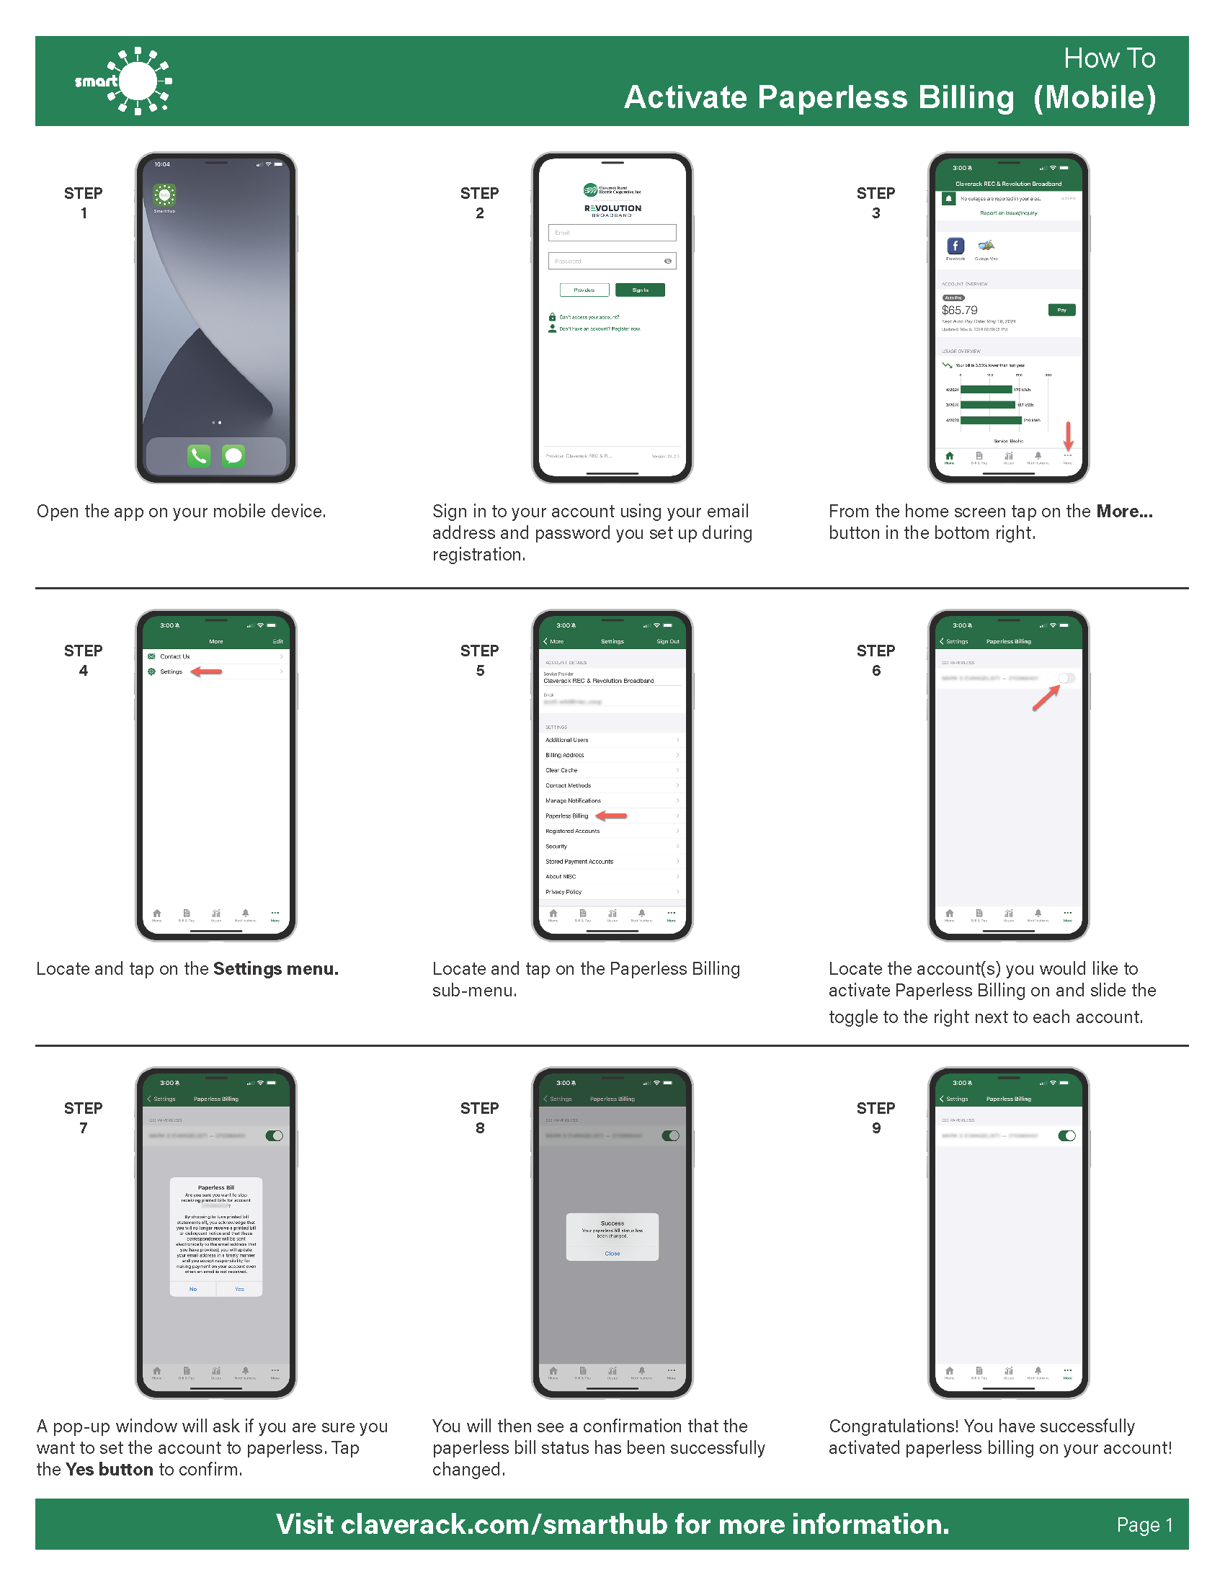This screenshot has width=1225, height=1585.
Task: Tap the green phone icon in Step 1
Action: pos(199,456)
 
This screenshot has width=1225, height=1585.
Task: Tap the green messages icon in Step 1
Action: pos(233,456)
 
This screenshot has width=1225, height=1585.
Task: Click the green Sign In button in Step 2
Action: pos(639,290)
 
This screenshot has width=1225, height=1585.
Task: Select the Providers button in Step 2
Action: pos(584,290)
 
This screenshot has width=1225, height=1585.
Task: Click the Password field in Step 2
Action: pos(612,262)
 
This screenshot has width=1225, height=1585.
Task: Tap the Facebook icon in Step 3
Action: pos(955,246)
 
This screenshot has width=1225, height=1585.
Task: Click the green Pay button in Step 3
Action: pos(1061,310)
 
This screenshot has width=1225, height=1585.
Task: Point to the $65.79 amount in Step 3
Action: pos(959,311)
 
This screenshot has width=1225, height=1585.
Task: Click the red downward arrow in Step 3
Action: pos(1067,436)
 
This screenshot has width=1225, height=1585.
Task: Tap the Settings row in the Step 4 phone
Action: pos(172,672)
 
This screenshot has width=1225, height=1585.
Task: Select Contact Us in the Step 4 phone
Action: pos(175,657)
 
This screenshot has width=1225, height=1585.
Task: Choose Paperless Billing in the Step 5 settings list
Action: pos(567,816)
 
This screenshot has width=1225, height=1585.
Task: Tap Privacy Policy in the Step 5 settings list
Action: pos(563,892)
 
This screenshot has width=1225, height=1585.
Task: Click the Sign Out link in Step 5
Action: pos(667,641)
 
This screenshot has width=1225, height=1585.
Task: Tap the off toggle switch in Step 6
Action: pos(1066,678)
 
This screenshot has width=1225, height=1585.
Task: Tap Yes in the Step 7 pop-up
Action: pos(239,1289)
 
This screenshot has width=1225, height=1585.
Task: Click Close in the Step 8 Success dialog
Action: pos(612,1254)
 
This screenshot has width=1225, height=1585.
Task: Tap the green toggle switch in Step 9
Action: pos(1066,1135)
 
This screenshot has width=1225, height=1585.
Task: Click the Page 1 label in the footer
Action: pos(1144,1524)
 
